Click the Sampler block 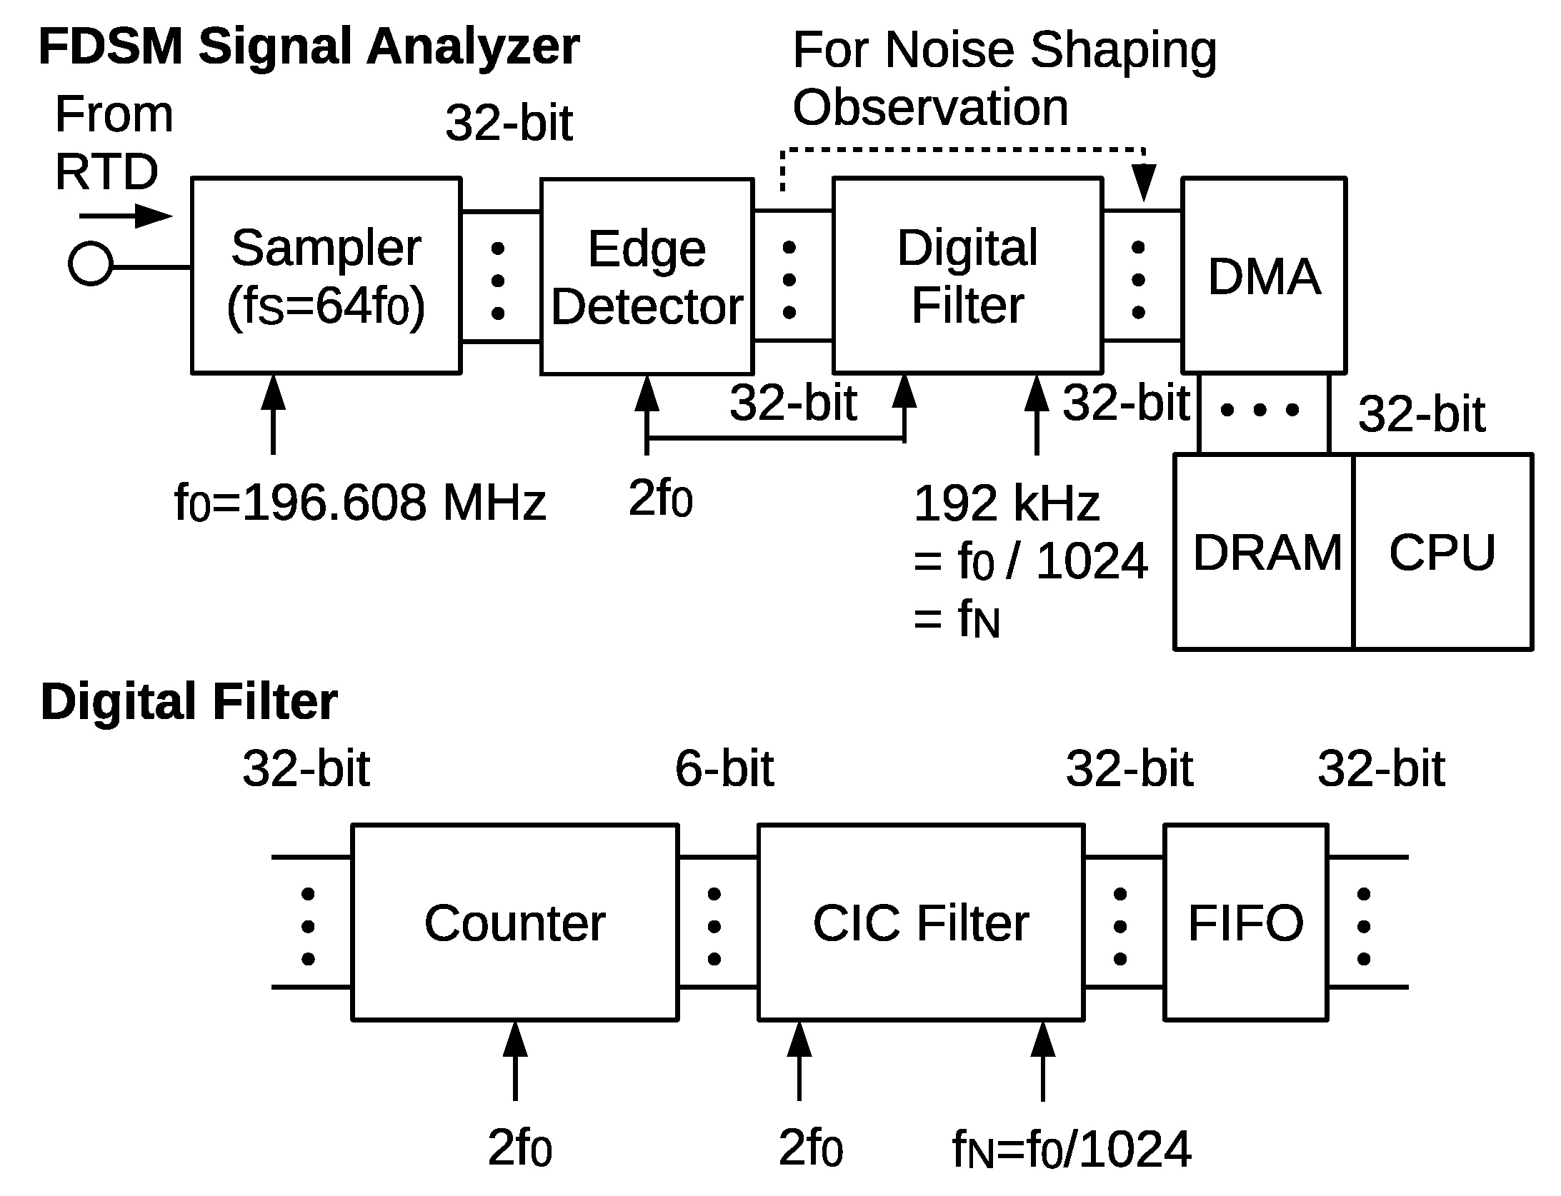pyautogui.click(x=326, y=276)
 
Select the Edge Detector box pyautogui.click(x=647, y=276)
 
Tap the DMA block pyautogui.click(x=1263, y=276)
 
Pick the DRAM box pyautogui.click(x=1265, y=552)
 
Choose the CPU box pyautogui.click(x=1442, y=552)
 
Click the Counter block pyautogui.click(x=514, y=923)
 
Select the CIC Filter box pyautogui.click(x=920, y=923)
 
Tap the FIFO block pyautogui.click(x=1245, y=923)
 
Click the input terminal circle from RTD pyautogui.click(x=90, y=263)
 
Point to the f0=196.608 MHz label pyautogui.click(x=359, y=502)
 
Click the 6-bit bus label pyautogui.click(x=724, y=769)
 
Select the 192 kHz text pyautogui.click(x=1006, y=503)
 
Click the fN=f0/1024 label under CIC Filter pyautogui.click(x=1072, y=1150)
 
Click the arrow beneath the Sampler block pyautogui.click(x=273, y=414)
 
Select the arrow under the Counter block pyautogui.click(x=514, y=1060)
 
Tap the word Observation pyautogui.click(x=930, y=108)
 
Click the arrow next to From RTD pyautogui.click(x=126, y=216)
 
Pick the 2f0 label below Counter pyautogui.click(x=519, y=1147)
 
